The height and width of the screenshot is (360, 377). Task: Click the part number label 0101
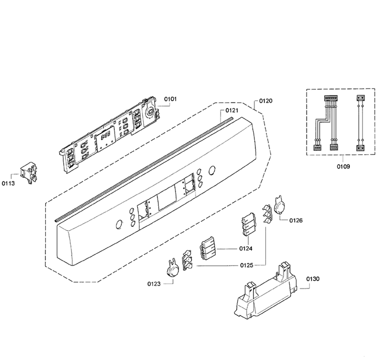170,99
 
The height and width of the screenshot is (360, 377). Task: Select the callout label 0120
266,101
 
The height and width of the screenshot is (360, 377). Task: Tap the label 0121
232,111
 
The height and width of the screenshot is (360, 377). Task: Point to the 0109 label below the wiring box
343,166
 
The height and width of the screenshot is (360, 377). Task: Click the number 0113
8,184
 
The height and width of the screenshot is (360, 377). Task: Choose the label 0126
296,221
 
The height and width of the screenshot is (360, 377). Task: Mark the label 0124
246,249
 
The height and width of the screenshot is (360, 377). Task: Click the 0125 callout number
247,265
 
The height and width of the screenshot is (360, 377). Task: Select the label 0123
154,284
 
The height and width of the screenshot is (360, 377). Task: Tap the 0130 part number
313,279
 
